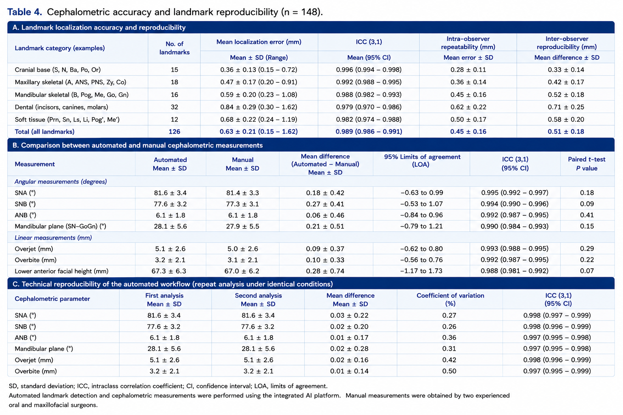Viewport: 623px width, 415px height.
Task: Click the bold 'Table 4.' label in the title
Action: tap(24, 12)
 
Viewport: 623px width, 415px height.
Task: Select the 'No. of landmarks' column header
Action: tap(174, 48)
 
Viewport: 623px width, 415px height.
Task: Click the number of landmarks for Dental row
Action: tap(174, 107)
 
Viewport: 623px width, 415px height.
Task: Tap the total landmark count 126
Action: tap(174, 131)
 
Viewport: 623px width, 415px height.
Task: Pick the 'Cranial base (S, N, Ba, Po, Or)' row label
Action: tap(58, 70)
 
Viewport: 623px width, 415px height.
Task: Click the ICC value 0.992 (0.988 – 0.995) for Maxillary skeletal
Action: tap(369, 82)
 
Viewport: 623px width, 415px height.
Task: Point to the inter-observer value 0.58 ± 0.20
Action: tap(566, 119)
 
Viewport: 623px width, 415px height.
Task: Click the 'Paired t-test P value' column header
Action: tap(586, 164)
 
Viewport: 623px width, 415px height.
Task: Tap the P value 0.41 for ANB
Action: tap(587, 215)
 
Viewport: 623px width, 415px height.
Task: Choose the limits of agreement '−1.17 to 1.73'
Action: tap(421, 271)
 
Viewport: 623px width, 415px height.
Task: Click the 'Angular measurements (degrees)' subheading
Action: tap(60, 182)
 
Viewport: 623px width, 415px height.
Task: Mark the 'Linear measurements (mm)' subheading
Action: tap(53, 237)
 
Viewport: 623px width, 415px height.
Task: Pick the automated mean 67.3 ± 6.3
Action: tap(169, 271)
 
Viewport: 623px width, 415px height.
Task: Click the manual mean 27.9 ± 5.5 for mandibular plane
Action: tap(243, 226)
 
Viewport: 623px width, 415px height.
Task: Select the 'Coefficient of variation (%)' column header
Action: tap(450, 299)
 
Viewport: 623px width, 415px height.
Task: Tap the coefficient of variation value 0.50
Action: tap(449, 371)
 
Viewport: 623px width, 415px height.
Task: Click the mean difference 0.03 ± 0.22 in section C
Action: tap(349, 315)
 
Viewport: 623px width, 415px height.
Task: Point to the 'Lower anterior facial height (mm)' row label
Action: tap(62, 271)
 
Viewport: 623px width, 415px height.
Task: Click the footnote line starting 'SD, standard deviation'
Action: tap(168, 386)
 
